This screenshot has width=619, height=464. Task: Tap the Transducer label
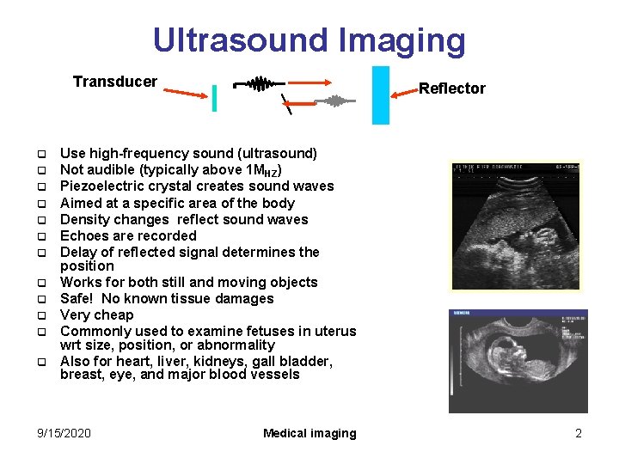coord(115,82)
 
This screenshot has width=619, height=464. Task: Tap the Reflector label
coord(451,89)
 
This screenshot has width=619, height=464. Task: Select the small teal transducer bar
coord(214,98)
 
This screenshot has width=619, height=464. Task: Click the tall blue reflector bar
coord(380,95)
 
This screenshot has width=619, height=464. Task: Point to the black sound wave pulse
coord(258,84)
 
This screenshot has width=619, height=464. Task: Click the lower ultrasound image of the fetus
coord(518,361)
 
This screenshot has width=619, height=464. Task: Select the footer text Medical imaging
coord(309,433)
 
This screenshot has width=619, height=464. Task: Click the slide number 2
coord(579,433)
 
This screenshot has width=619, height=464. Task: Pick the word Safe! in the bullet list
coord(79,298)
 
